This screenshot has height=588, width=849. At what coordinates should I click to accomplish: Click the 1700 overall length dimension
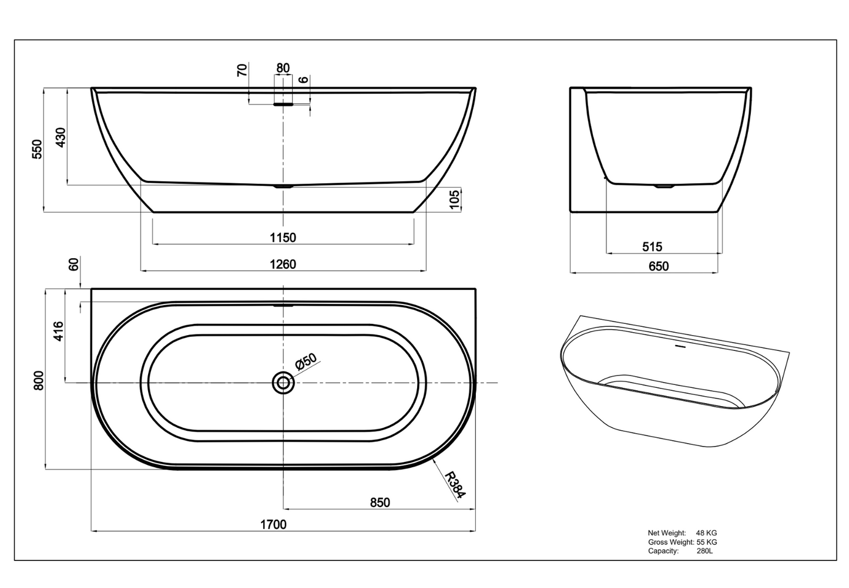pos(273,525)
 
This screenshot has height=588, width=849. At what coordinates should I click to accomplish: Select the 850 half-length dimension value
pos(380,502)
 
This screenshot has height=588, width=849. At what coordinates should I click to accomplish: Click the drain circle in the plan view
pos(283,383)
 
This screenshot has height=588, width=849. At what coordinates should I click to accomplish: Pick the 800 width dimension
pos(39,380)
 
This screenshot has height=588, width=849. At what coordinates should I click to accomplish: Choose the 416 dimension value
pos(58,331)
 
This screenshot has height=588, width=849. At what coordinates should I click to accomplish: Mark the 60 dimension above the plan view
pos(73,264)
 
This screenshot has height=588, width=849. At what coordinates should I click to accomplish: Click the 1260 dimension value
pos(283,264)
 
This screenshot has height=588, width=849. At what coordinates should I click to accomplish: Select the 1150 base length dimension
pos(283,238)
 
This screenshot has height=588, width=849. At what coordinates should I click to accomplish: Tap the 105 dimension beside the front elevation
pos(454,199)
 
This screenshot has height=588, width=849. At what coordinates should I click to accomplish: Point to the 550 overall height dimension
pos(37,149)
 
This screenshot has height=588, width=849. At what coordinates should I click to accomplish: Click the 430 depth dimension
pos(61,137)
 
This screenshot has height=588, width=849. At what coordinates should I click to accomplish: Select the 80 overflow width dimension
pos(283,68)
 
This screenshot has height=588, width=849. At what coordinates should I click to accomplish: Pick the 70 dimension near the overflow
pos(242,70)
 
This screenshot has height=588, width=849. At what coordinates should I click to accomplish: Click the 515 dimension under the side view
pos(652,247)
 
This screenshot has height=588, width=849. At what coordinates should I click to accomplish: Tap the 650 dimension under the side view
pos(659,266)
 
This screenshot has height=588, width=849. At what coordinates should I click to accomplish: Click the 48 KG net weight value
pos(706,533)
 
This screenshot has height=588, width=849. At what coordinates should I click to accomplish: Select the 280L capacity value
pos(704,551)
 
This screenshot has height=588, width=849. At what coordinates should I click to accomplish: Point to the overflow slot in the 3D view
pos(680,346)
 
